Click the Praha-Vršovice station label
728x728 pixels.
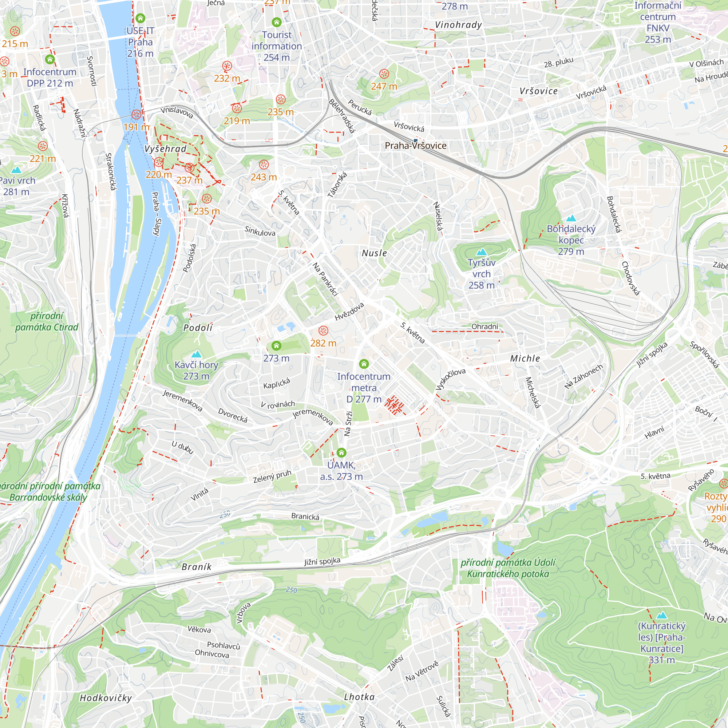point(415,146)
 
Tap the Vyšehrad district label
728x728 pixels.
point(165,149)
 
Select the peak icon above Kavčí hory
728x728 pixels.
point(196,354)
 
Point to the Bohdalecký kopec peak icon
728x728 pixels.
point(571,218)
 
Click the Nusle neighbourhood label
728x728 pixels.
point(374,253)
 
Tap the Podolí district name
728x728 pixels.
point(198,328)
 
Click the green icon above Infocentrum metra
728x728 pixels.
point(364,364)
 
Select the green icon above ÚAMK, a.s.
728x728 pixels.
point(341,452)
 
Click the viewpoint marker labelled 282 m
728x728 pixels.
point(323,331)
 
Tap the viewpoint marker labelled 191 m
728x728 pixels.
point(136,115)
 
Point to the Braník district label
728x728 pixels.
point(196,567)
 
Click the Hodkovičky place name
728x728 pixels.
point(106,698)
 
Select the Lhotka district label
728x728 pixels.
point(359,697)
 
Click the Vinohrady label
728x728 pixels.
point(458,25)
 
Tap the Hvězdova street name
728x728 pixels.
point(349,312)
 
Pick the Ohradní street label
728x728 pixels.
point(484,326)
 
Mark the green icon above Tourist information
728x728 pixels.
point(277,22)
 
